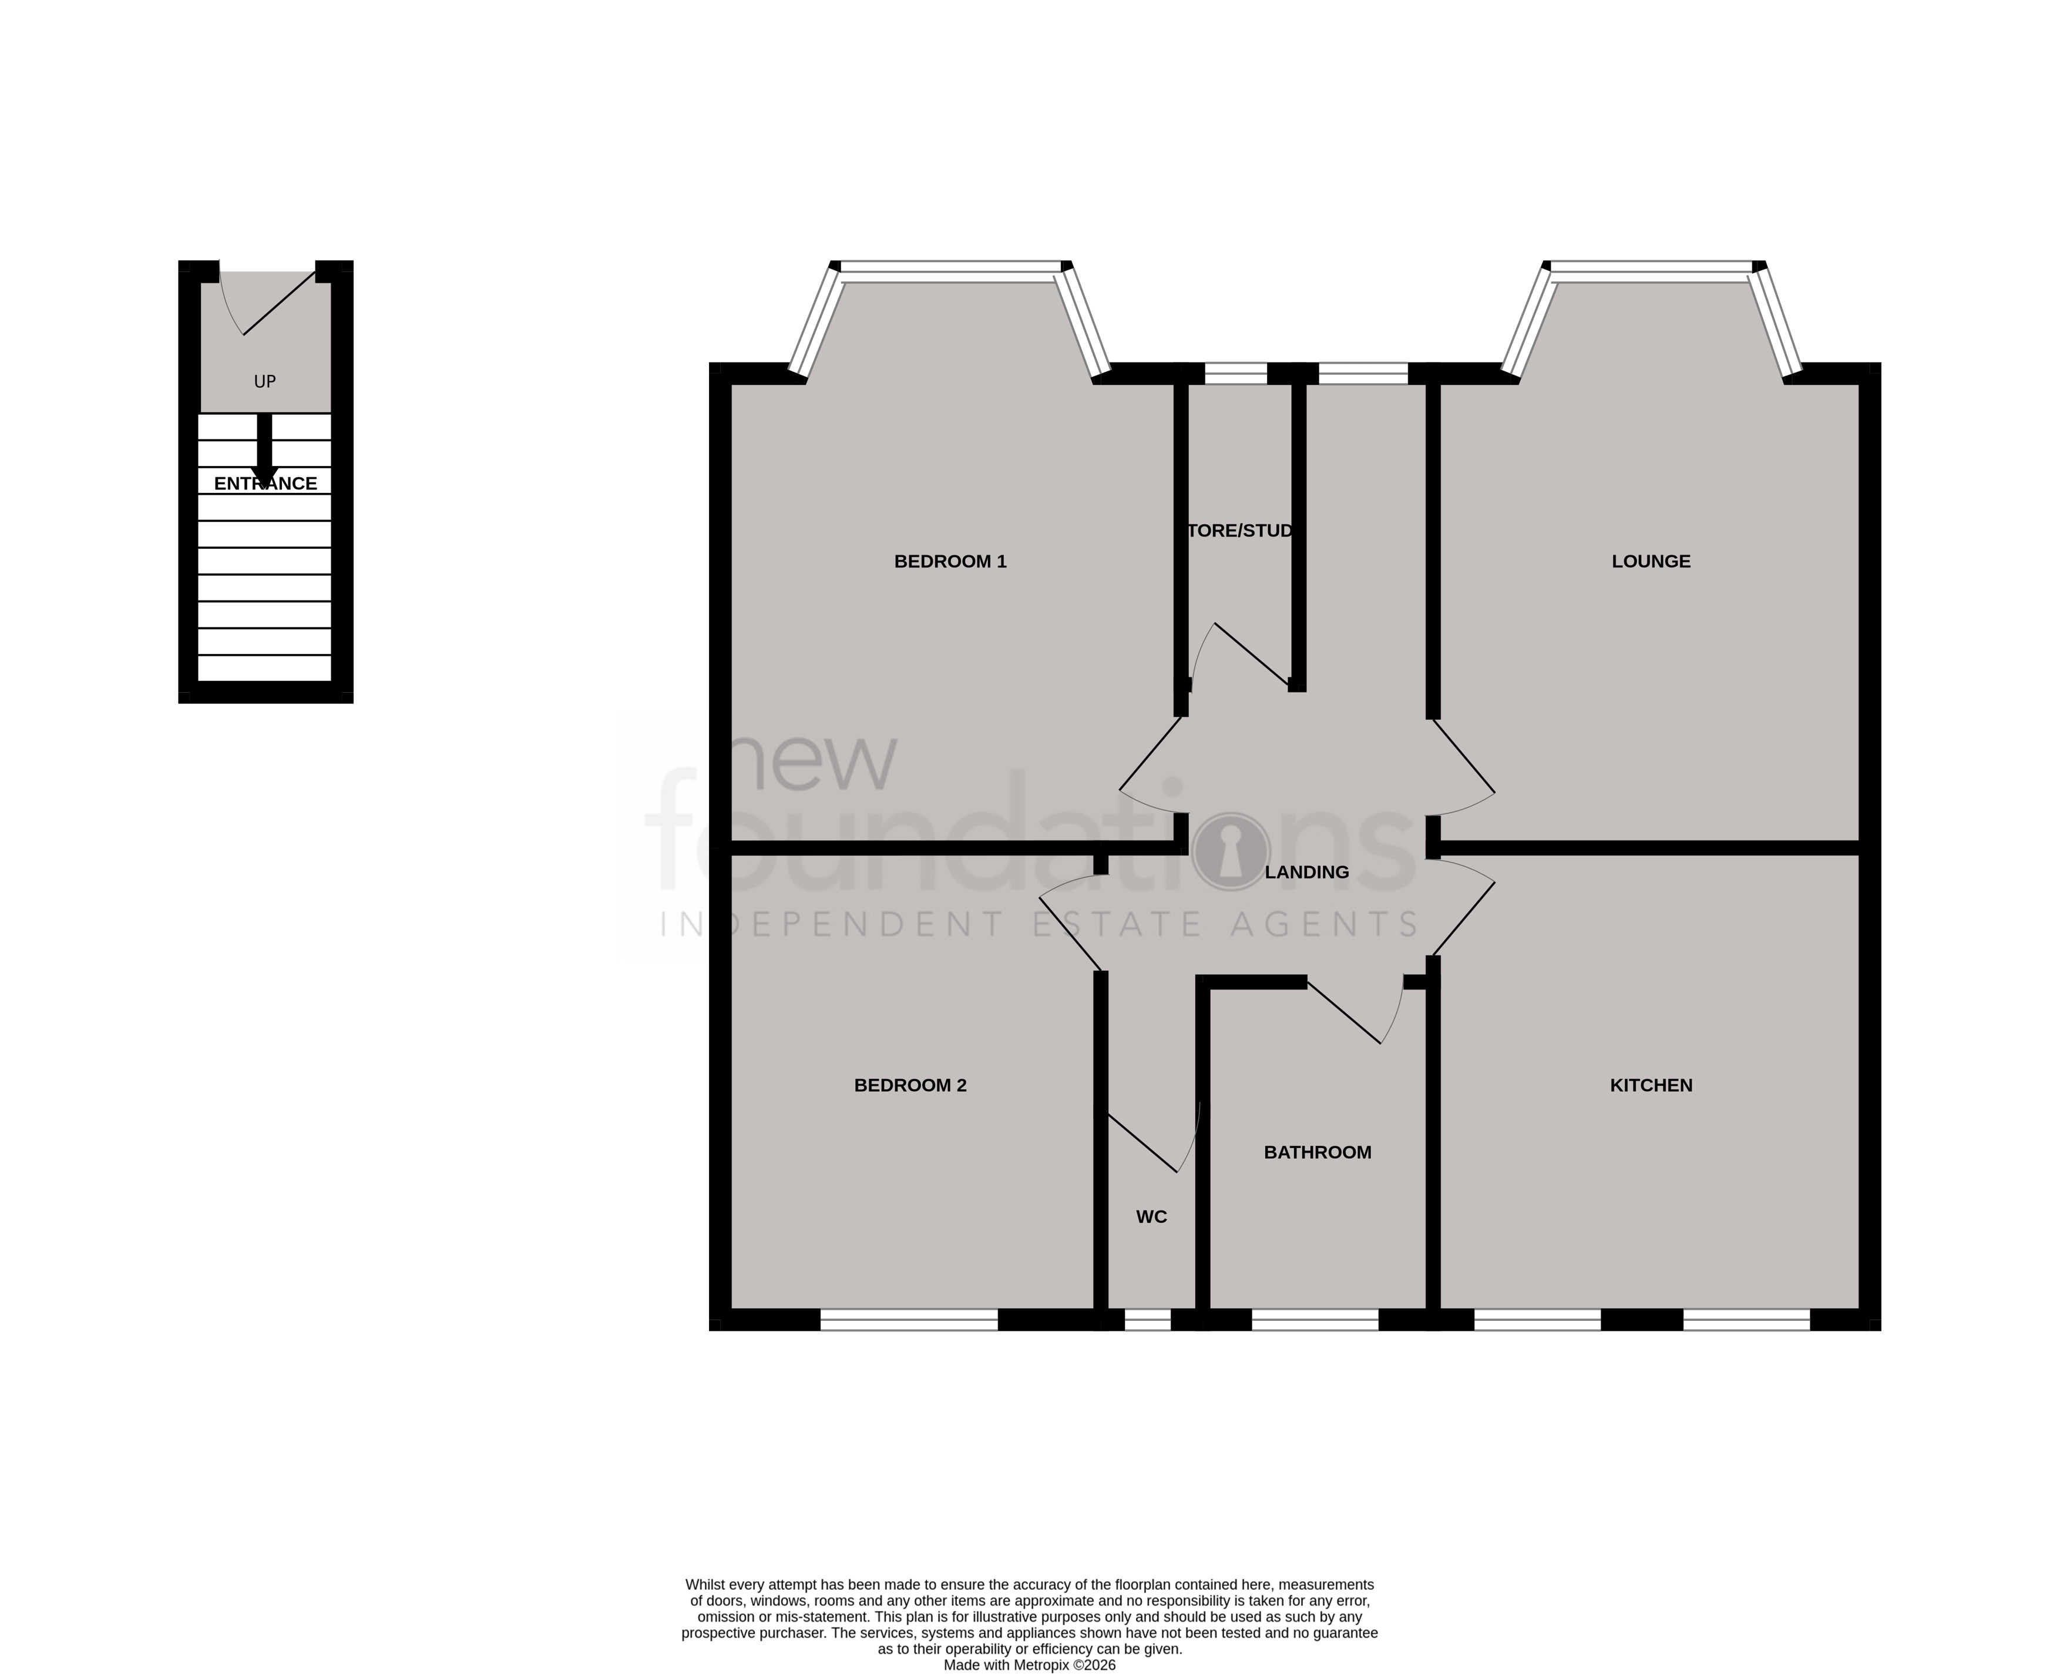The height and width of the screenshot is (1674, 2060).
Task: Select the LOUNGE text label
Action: (x=1651, y=561)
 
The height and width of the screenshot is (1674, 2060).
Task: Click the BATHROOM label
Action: (x=1317, y=1152)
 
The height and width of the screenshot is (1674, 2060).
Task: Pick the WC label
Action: (x=1151, y=1217)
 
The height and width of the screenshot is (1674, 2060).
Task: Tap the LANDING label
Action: (x=1306, y=872)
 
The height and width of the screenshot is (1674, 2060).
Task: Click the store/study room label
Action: (x=1239, y=531)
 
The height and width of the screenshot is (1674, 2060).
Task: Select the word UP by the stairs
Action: (x=264, y=382)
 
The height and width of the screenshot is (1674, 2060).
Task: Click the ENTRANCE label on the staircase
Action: (x=265, y=483)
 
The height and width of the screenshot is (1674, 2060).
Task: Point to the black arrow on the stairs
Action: (x=264, y=448)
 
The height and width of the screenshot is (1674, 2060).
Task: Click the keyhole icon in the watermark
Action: (x=1230, y=851)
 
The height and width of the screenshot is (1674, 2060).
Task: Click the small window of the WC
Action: (x=1147, y=1320)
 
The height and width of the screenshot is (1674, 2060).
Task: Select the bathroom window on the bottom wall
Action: (x=1315, y=1320)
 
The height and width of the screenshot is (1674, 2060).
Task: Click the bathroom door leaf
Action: (x=1345, y=1012)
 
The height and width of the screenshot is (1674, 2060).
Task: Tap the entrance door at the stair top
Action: (x=280, y=303)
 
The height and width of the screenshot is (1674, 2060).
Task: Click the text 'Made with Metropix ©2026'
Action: (x=1030, y=1665)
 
